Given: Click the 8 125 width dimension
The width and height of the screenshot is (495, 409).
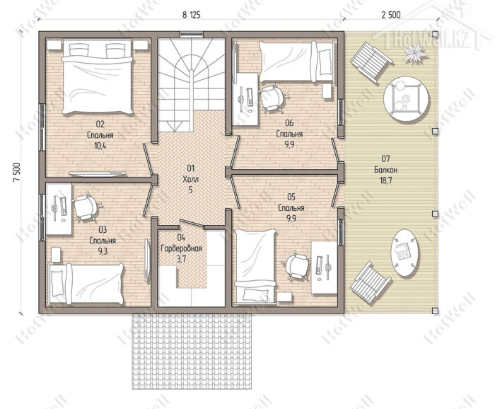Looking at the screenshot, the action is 192,15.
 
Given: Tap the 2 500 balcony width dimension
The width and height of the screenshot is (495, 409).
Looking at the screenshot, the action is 391,15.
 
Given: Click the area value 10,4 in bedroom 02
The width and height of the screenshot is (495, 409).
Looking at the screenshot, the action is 100,146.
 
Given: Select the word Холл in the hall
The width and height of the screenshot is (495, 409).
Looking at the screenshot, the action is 190,179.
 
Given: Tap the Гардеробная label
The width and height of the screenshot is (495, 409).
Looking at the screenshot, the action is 181,248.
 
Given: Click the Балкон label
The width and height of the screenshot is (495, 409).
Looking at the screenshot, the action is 386,170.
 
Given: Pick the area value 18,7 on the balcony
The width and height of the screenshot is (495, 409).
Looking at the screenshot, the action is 386,180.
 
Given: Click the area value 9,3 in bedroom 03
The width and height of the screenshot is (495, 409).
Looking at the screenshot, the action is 103,251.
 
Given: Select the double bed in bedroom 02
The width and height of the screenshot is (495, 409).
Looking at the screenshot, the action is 97,76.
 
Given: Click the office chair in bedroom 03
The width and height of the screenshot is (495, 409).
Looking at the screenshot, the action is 86,207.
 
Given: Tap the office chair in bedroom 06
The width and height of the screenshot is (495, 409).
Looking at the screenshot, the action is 272,98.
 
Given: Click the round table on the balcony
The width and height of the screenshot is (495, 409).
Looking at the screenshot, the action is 407,97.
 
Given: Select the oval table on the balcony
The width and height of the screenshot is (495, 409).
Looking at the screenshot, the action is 405,253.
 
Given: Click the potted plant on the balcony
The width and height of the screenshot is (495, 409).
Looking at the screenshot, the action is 415,54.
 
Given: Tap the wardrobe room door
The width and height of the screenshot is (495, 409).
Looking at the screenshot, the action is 192,224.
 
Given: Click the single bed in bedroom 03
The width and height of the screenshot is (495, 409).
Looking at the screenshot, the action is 86,284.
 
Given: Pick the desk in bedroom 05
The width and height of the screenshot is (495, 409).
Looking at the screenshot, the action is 324,267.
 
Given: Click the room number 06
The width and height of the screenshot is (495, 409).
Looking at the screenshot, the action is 289,123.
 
